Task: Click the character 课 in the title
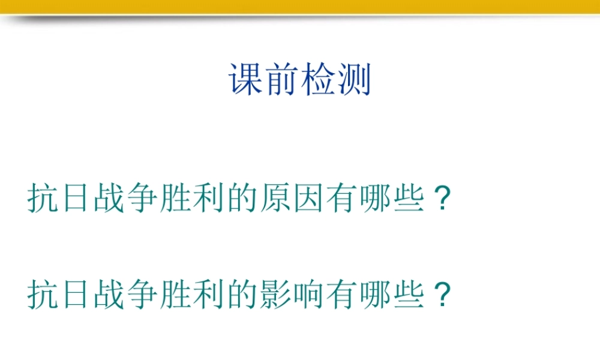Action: tap(246, 80)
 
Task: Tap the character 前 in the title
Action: tap(282, 80)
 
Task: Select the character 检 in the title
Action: tap(318, 80)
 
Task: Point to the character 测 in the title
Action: tap(354, 80)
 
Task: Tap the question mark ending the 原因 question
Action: tap(441, 198)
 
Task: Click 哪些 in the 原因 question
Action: tap(392, 198)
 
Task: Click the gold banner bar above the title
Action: tap(300, 6)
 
